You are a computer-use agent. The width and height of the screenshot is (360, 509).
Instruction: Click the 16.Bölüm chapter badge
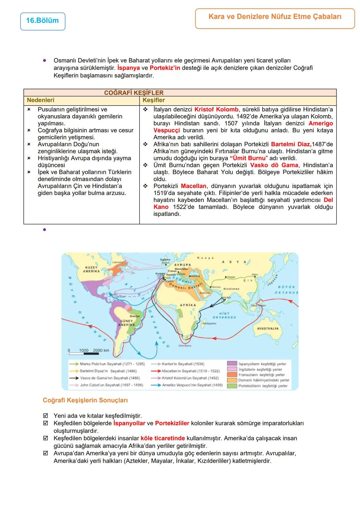coord(42,21)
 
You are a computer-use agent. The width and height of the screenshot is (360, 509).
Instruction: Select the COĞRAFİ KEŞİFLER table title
coord(134,93)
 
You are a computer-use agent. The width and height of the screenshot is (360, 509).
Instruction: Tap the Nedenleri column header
coord(40,100)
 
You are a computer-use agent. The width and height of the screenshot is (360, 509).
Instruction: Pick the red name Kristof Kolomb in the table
coord(216,109)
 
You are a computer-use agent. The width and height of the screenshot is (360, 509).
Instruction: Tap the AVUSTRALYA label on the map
coord(268,328)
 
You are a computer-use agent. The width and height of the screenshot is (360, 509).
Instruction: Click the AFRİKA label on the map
coord(188,305)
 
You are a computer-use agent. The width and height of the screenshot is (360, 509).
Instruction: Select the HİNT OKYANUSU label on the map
coord(224,315)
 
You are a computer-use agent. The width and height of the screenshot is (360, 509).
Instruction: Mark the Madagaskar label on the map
coord(210,323)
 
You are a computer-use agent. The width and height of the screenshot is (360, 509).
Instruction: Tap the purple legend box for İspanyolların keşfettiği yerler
coord(232,364)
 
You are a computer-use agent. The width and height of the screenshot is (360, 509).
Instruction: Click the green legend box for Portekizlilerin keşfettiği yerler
coord(232,386)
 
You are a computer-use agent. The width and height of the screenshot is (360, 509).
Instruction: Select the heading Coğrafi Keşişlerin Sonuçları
coord(85,400)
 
